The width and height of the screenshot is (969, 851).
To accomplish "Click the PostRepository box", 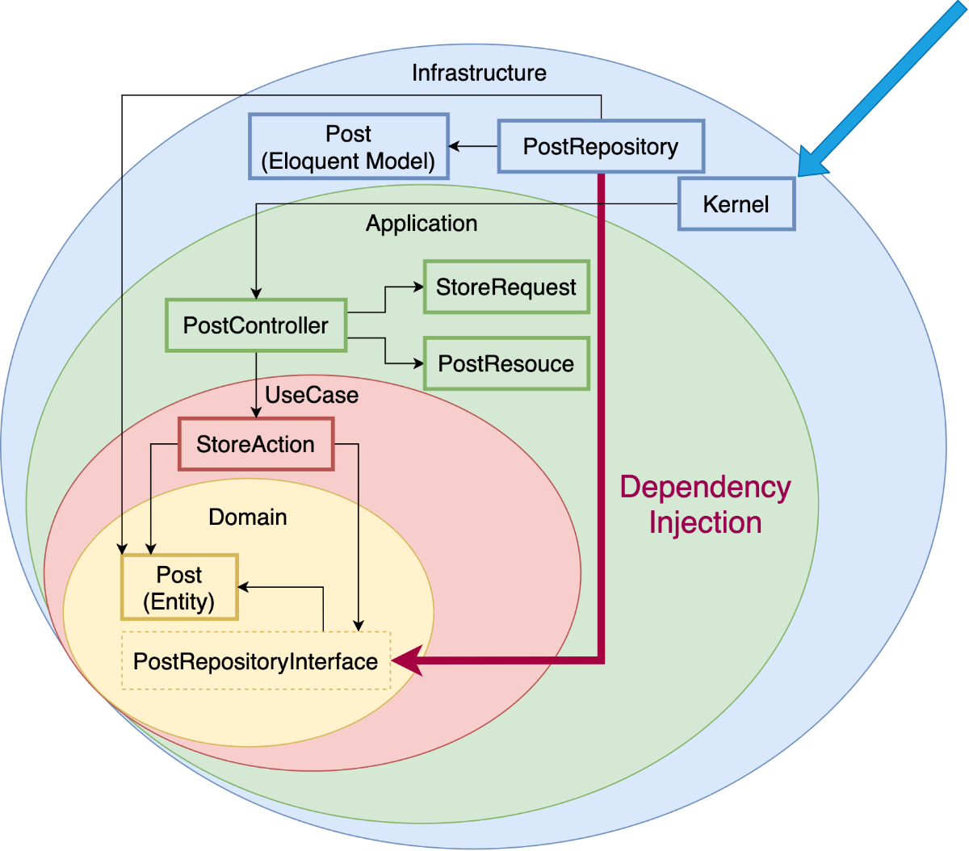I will click(601, 146).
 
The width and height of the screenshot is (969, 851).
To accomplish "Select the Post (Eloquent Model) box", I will click(348, 147).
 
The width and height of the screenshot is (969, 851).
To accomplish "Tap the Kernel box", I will click(736, 204).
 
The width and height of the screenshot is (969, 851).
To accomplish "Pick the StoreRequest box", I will click(506, 287).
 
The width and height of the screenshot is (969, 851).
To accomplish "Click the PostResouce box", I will click(506, 363).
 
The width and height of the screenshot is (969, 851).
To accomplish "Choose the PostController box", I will click(256, 325).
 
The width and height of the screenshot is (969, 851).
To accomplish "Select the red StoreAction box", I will click(256, 444).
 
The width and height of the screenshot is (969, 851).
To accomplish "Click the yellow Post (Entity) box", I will click(179, 588).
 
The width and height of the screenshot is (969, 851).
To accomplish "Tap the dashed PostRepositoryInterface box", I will click(256, 661).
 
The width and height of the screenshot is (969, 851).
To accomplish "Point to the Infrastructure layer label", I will click(479, 73).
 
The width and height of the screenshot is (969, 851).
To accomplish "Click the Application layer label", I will click(422, 224).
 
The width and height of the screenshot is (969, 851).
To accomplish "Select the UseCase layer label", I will click(312, 395).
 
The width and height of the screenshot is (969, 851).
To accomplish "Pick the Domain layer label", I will click(248, 517).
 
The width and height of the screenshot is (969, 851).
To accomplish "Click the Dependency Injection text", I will click(705, 505).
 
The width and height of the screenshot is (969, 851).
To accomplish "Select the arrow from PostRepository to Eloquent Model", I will click(473, 146).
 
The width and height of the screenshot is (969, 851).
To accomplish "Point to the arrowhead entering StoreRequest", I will click(418, 287).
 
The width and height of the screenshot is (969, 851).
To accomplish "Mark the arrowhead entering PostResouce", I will click(418, 363).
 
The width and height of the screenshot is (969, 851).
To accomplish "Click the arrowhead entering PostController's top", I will click(256, 294).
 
